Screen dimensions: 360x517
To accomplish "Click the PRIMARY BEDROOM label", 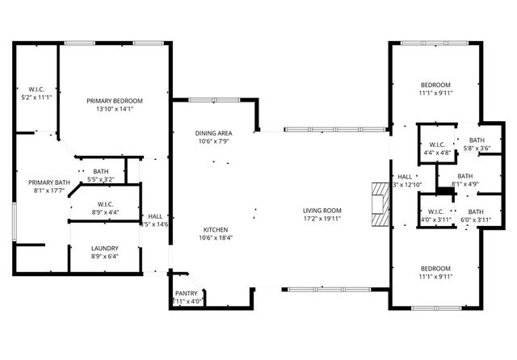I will pos(115,101).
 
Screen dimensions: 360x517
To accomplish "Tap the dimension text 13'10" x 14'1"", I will pos(115,109).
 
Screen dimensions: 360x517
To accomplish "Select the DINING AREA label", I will pos(213,133).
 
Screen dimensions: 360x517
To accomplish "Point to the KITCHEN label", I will pos(213,228).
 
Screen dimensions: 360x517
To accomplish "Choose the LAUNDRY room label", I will pos(105,249).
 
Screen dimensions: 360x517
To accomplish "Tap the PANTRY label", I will pos(187,294).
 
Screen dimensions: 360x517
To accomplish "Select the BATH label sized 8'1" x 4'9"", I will pos(464,176).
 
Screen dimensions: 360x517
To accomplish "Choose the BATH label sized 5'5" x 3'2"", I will pos(101,171).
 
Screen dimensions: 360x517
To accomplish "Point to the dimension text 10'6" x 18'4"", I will pos(213,237).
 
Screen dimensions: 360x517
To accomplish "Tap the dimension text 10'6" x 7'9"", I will pos(213,141).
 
